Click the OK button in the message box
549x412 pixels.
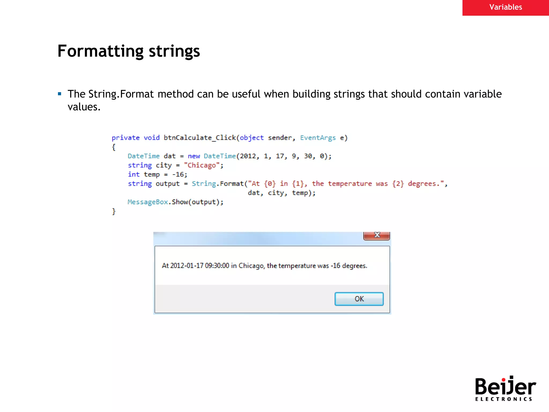click(359, 299)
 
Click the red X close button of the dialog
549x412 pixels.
click(377, 236)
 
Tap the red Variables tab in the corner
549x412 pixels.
click(506, 7)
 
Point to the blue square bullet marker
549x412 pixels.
click(60, 94)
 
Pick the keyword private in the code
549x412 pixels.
click(125, 138)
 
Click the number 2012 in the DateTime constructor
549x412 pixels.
click(248, 156)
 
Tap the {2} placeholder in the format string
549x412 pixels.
click(398, 184)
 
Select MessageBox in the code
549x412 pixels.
click(148, 202)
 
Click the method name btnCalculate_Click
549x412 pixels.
click(199, 138)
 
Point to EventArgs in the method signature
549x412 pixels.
click(318, 138)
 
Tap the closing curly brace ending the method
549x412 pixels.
click(114, 211)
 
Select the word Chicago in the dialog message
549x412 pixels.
click(251, 266)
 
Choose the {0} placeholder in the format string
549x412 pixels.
click(270, 184)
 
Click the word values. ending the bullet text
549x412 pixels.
click(84, 107)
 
